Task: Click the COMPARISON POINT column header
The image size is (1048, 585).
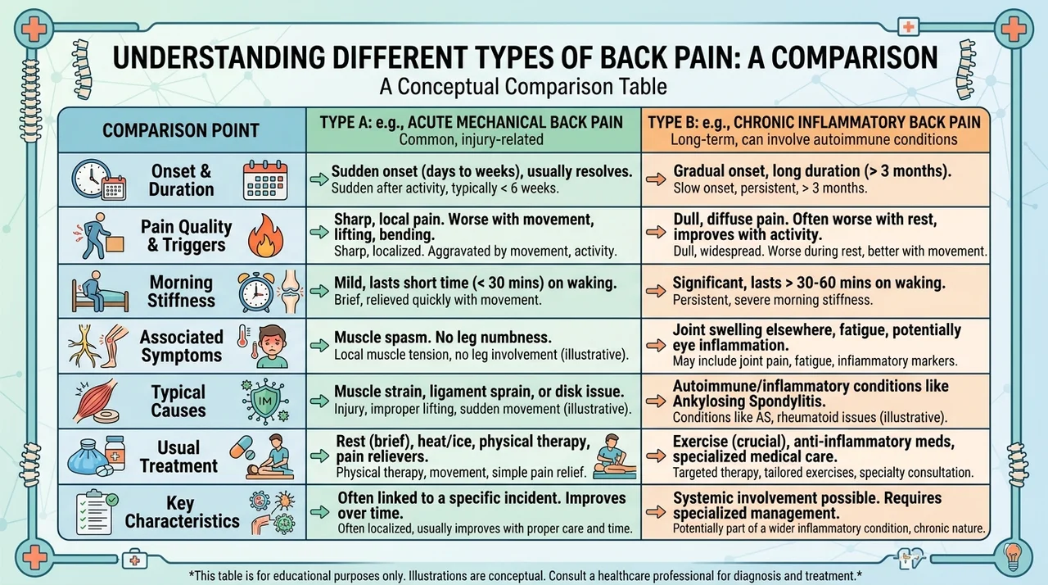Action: tap(181, 130)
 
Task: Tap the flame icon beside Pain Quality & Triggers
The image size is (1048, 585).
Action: tap(265, 236)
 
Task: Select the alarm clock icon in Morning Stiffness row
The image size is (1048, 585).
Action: tap(256, 292)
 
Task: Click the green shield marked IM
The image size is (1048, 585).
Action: tap(264, 401)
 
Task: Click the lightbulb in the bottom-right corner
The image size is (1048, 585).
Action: tap(1013, 557)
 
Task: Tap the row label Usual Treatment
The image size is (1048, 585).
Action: tap(178, 456)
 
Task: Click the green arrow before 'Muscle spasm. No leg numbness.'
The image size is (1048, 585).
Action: tap(319, 346)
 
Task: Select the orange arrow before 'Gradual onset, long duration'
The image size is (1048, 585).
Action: tap(656, 179)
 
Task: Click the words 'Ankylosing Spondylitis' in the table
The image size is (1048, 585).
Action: tap(748, 401)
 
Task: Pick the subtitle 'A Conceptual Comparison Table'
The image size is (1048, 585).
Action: tap(523, 87)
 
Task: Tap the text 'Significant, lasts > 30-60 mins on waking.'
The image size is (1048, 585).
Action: tap(809, 283)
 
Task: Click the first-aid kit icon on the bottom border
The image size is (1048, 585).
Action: tap(135, 560)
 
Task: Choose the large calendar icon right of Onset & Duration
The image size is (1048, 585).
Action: tap(265, 180)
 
